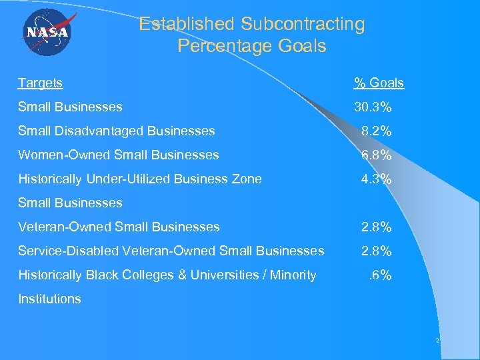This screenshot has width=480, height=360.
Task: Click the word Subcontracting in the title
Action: click(303, 25)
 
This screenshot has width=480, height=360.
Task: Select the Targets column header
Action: click(40, 83)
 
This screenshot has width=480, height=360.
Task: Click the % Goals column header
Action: click(379, 83)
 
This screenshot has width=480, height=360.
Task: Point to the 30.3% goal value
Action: click(372, 107)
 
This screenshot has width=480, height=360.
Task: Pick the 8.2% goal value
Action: click(376, 131)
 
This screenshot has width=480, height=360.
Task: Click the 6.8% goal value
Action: click(376, 155)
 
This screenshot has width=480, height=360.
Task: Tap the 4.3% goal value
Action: click(376, 179)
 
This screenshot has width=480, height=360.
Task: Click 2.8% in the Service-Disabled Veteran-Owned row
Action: click(376, 251)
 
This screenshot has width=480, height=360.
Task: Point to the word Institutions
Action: click(49, 299)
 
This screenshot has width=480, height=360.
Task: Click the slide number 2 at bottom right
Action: click(437, 341)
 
